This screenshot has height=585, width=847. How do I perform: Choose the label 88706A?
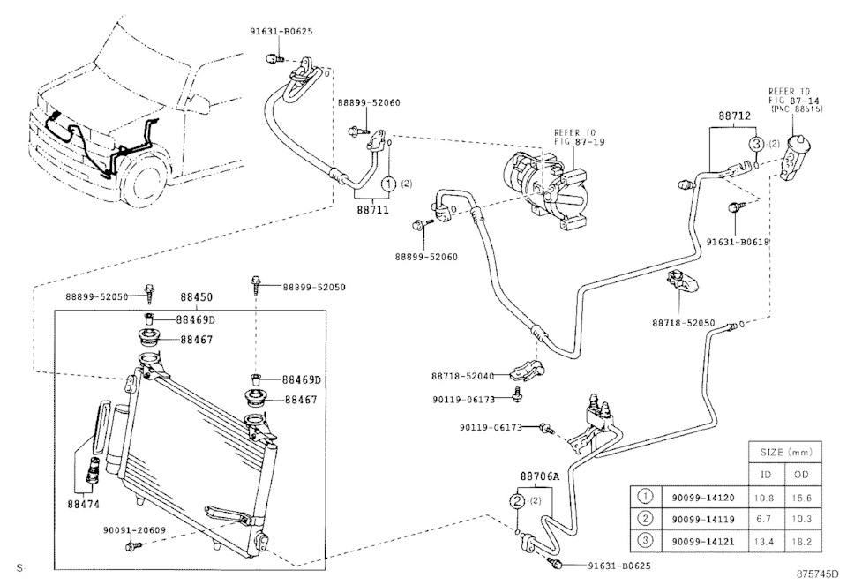pos(540,476)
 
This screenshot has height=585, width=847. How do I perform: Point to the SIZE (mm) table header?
pos(779,451)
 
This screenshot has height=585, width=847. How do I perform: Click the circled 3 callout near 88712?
pos(757,143)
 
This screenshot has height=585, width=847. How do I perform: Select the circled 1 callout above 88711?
pos(387,184)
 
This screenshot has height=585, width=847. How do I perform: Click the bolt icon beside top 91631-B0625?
pos(273,58)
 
